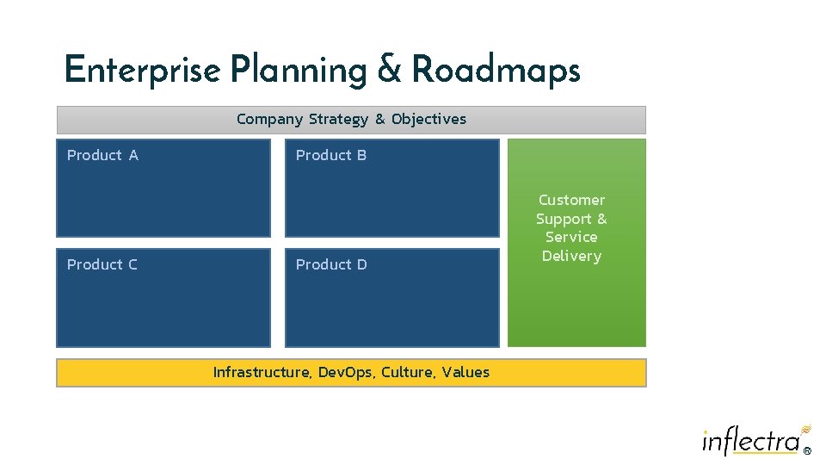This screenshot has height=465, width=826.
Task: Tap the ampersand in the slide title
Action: tap(390, 70)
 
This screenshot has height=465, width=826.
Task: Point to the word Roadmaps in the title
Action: tap(496, 70)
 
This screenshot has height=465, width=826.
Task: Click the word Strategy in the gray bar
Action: tap(338, 119)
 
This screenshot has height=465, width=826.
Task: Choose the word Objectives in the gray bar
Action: tap(428, 119)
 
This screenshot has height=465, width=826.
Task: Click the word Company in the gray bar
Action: tap(269, 119)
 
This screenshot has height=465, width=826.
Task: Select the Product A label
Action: tap(102, 155)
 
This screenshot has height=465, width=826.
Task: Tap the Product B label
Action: tap(331, 155)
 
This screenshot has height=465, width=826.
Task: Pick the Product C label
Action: tap(102, 264)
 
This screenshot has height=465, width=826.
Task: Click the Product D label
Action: tap(331, 264)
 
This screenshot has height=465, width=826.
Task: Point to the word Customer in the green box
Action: tap(571, 200)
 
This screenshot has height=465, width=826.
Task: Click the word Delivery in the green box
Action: tap(571, 256)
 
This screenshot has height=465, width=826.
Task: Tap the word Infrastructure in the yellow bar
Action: tap(262, 372)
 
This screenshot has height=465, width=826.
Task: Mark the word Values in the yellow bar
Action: tap(467, 372)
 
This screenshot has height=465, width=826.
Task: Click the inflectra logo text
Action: tap(750, 441)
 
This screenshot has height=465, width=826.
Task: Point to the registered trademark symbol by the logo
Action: tap(806, 450)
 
